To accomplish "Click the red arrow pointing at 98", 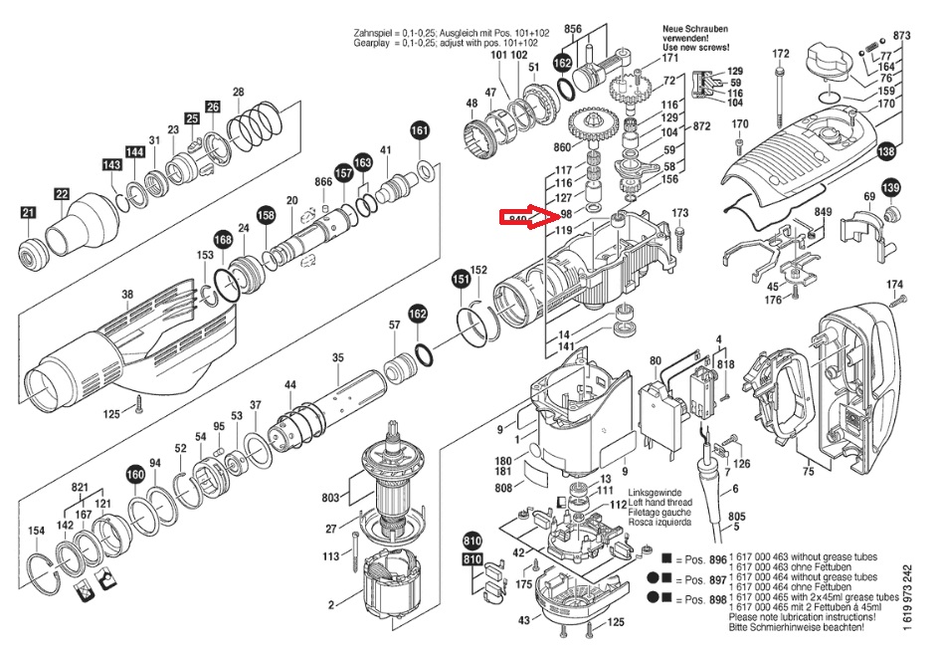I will pos(545,216).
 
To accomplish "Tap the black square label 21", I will pos(28,211).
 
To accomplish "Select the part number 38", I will pos(126,294).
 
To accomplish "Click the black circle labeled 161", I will pos(421,130).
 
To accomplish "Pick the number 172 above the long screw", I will pos(781,54).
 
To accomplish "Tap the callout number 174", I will pos(894,285).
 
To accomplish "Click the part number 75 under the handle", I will pos(808,472).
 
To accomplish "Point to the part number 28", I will pos(238,93).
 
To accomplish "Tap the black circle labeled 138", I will pos(884,152).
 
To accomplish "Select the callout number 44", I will pos(290,384).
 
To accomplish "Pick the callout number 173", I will pos(680,213).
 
